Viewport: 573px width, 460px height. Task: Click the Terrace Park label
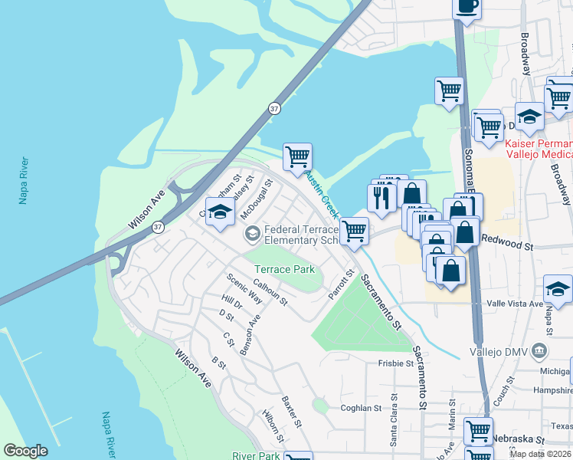[x=284, y=269]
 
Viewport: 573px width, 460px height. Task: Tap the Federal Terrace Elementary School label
[x=300, y=235]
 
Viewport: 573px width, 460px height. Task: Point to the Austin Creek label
[x=322, y=193]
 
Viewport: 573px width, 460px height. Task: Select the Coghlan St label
[x=361, y=409]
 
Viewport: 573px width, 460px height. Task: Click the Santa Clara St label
[x=395, y=420]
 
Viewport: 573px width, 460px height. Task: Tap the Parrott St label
[x=342, y=284]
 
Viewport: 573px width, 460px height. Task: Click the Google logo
[x=25, y=451]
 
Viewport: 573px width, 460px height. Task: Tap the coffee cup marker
[x=467, y=6]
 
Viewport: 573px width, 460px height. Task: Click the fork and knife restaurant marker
[x=380, y=198]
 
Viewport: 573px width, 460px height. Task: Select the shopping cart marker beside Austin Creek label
[x=297, y=156]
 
